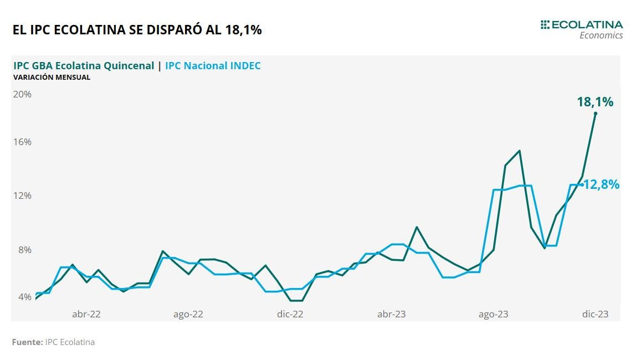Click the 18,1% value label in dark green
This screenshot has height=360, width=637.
pyautogui.click(x=595, y=102)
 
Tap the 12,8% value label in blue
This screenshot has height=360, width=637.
pyautogui.click(x=602, y=185)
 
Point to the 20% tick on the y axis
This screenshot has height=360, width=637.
pyautogui.click(x=23, y=94)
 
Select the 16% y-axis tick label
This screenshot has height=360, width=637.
pyautogui.click(x=23, y=142)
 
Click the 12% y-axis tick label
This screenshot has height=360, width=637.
pyautogui.click(x=23, y=196)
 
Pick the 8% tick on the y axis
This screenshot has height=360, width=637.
pyautogui.click(x=25, y=249)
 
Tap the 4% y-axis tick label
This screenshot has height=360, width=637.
pyautogui.click(x=25, y=297)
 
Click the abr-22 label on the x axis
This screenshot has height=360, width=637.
pyautogui.click(x=86, y=314)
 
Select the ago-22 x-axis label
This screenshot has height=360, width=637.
pyautogui.click(x=188, y=314)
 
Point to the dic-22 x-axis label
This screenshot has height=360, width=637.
pyautogui.click(x=290, y=314)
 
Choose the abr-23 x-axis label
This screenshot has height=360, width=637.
pyautogui.click(x=392, y=314)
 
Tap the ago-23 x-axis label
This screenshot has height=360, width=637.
pyautogui.click(x=494, y=314)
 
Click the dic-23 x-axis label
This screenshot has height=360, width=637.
pyautogui.click(x=595, y=314)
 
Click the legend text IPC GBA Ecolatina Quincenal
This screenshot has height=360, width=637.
pyautogui.click(x=84, y=66)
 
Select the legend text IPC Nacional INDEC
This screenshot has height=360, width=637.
pyautogui.click(x=213, y=66)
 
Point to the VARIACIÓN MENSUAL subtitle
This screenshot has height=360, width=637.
pyautogui.click(x=52, y=78)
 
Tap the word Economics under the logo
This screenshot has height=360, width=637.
pyautogui.click(x=601, y=35)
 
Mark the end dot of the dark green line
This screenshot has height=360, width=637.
pyautogui.click(x=595, y=114)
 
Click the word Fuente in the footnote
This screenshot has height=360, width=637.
pyautogui.click(x=27, y=342)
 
